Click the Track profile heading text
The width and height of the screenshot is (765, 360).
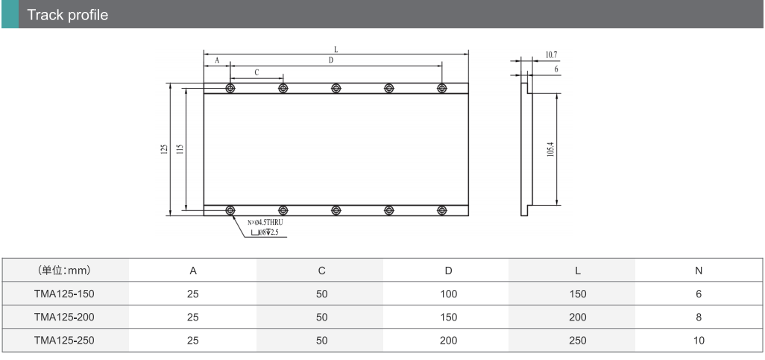(67, 15)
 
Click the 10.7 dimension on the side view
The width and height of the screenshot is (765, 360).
(551, 55)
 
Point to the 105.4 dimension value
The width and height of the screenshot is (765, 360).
(550, 149)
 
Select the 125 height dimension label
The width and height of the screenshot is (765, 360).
(165, 149)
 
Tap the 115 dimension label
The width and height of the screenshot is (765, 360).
(180, 149)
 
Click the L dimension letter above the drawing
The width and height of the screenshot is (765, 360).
(336, 49)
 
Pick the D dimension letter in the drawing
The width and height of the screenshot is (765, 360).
(331, 60)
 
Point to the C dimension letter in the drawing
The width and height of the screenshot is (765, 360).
(256, 73)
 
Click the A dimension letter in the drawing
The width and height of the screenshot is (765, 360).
(217, 60)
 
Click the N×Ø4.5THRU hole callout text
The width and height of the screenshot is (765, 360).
(265, 222)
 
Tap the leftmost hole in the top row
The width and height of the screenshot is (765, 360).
(230, 88)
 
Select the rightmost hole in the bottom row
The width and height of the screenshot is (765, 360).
(441, 210)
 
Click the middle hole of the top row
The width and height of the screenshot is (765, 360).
(336, 88)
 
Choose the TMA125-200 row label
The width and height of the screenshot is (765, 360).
(64, 317)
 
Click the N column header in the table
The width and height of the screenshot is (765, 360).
(699, 271)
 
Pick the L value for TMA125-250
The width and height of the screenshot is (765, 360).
(578, 341)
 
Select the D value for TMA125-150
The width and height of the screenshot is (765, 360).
(448, 294)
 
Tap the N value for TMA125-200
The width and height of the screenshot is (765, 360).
(699, 317)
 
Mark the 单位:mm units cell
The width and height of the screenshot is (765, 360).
(64, 271)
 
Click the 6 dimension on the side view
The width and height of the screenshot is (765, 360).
(556, 70)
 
